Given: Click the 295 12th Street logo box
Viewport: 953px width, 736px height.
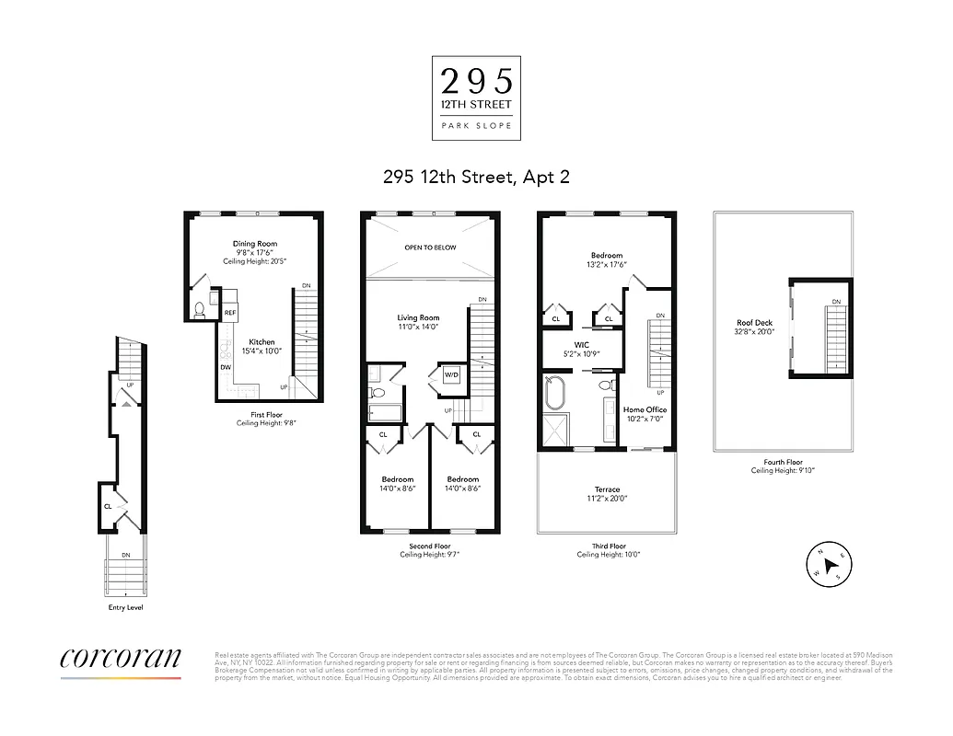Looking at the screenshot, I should [x=476, y=98].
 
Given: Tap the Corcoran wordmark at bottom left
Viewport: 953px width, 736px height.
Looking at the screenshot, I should [x=121, y=659].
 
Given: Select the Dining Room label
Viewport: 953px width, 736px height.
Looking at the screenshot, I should [x=254, y=244].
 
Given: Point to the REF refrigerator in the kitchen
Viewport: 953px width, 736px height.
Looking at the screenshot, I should [x=230, y=313].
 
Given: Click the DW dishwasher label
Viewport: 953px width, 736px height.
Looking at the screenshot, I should [x=226, y=367].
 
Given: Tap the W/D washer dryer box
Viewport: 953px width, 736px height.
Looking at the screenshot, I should [x=451, y=375].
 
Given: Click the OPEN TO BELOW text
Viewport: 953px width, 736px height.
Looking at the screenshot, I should [x=430, y=247].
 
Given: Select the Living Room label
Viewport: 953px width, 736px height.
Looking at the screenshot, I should [x=418, y=318].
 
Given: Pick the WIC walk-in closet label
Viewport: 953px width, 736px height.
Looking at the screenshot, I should [x=582, y=346].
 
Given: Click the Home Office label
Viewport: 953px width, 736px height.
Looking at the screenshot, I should [x=645, y=409].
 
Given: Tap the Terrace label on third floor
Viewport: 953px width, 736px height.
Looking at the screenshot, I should [x=607, y=489].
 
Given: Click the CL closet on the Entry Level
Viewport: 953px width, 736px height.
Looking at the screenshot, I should [x=108, y=506].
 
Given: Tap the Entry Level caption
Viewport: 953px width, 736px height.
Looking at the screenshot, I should [x=125, y=608].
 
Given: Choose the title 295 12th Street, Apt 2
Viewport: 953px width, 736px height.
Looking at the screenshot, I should [x=476, y=176].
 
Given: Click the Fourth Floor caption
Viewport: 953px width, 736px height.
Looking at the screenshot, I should [x=783, y=462].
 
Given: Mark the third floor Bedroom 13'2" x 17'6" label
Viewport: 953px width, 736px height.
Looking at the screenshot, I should [x=607, y=256].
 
